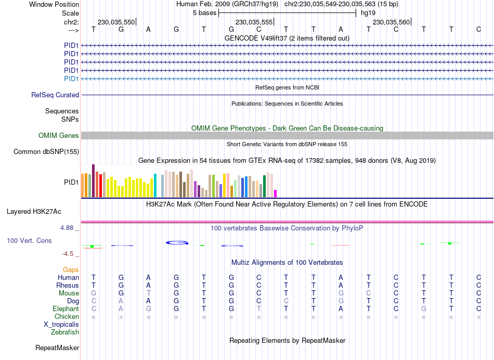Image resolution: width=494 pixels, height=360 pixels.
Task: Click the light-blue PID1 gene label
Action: point(71,79)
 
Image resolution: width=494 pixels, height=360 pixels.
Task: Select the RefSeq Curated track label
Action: point(55,95)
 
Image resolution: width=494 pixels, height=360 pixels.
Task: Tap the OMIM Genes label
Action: point(59,136)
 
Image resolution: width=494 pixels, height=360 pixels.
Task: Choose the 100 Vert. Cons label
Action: point(30,241)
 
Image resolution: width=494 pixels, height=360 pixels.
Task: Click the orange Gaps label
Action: point(71,270)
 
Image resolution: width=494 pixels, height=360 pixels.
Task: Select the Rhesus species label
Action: point(68,286)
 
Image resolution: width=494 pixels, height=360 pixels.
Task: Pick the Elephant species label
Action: point(66,309)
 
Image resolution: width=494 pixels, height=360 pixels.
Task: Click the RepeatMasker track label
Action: point(57,348)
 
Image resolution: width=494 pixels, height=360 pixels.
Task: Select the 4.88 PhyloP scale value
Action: point(69,228)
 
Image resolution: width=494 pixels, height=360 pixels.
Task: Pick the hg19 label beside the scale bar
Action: point(368,13)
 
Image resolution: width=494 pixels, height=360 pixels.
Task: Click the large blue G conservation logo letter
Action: point(177,242)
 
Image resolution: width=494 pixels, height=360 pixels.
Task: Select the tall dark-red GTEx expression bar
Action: point(93,181)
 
